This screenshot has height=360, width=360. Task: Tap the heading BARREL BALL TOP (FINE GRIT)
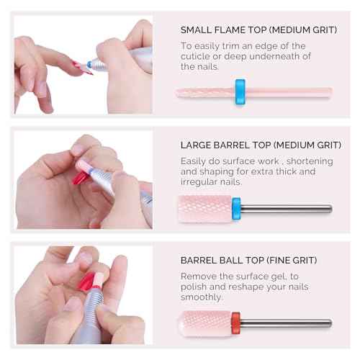point(248,260)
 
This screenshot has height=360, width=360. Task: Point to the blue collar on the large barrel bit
point(236,209)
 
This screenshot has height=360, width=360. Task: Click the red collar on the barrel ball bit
point(235,323)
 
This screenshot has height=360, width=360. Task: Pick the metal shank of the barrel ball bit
point(286,323)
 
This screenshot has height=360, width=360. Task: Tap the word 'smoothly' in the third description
point(202,297)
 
